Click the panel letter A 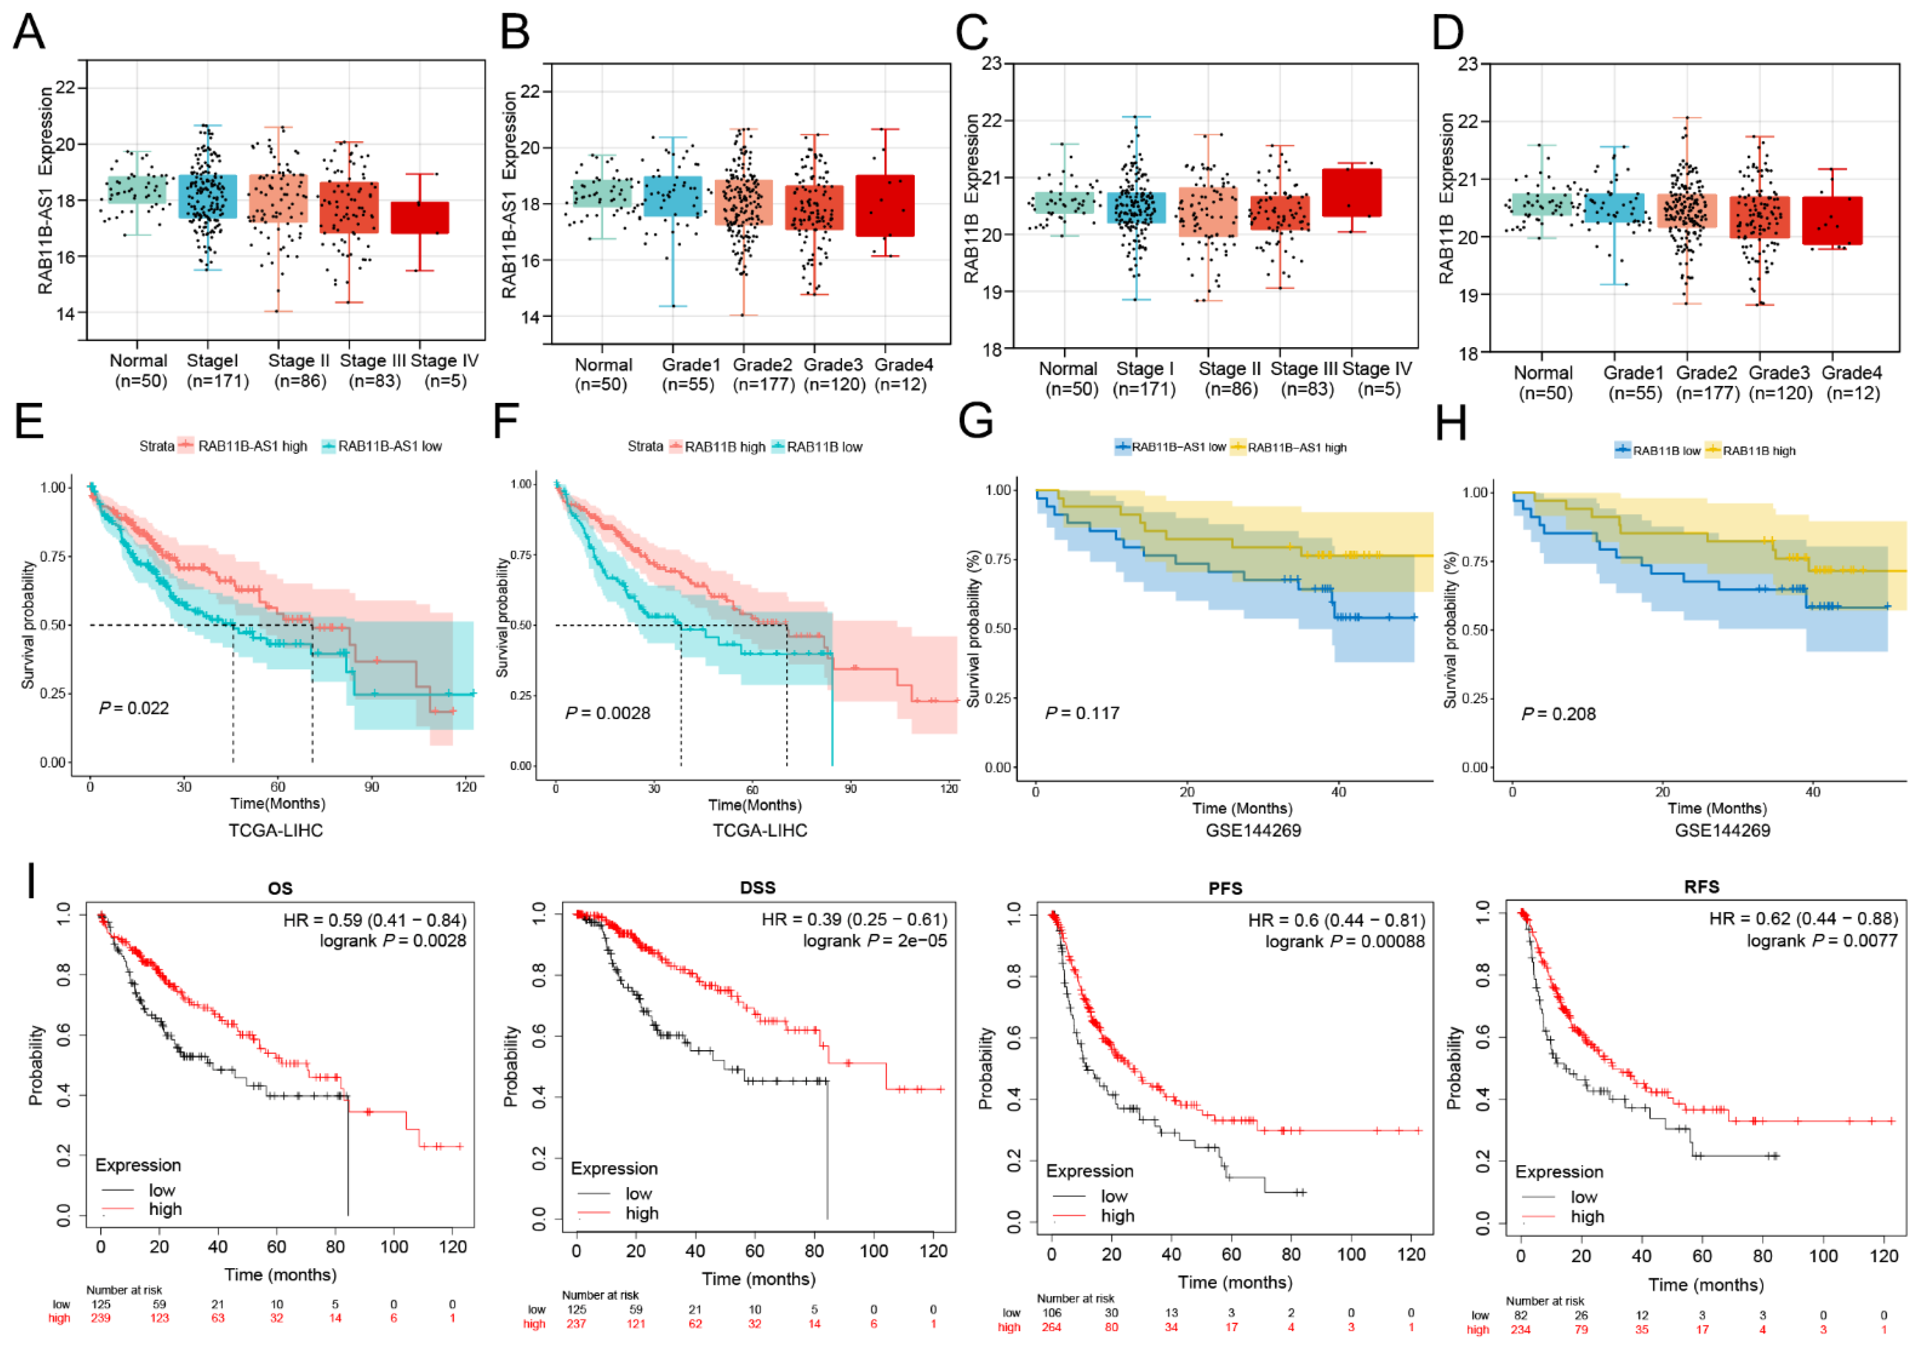[29, 32]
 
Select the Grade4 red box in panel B [885, 206]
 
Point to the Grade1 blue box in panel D [1614, 208]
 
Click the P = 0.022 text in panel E [134, 708]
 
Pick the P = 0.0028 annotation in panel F [607, 713]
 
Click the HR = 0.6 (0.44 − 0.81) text [1336, 921]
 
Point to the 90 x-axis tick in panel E [372, 787]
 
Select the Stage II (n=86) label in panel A [298, 370]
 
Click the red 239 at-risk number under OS [100, 1318]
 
